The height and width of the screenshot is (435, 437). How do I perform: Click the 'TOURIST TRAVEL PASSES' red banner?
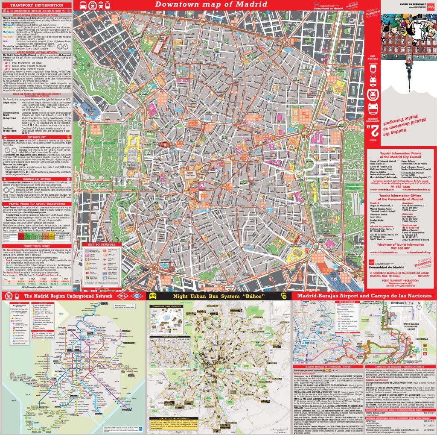point(36,246)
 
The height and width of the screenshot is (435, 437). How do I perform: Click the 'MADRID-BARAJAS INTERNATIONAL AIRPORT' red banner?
point(326,367)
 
